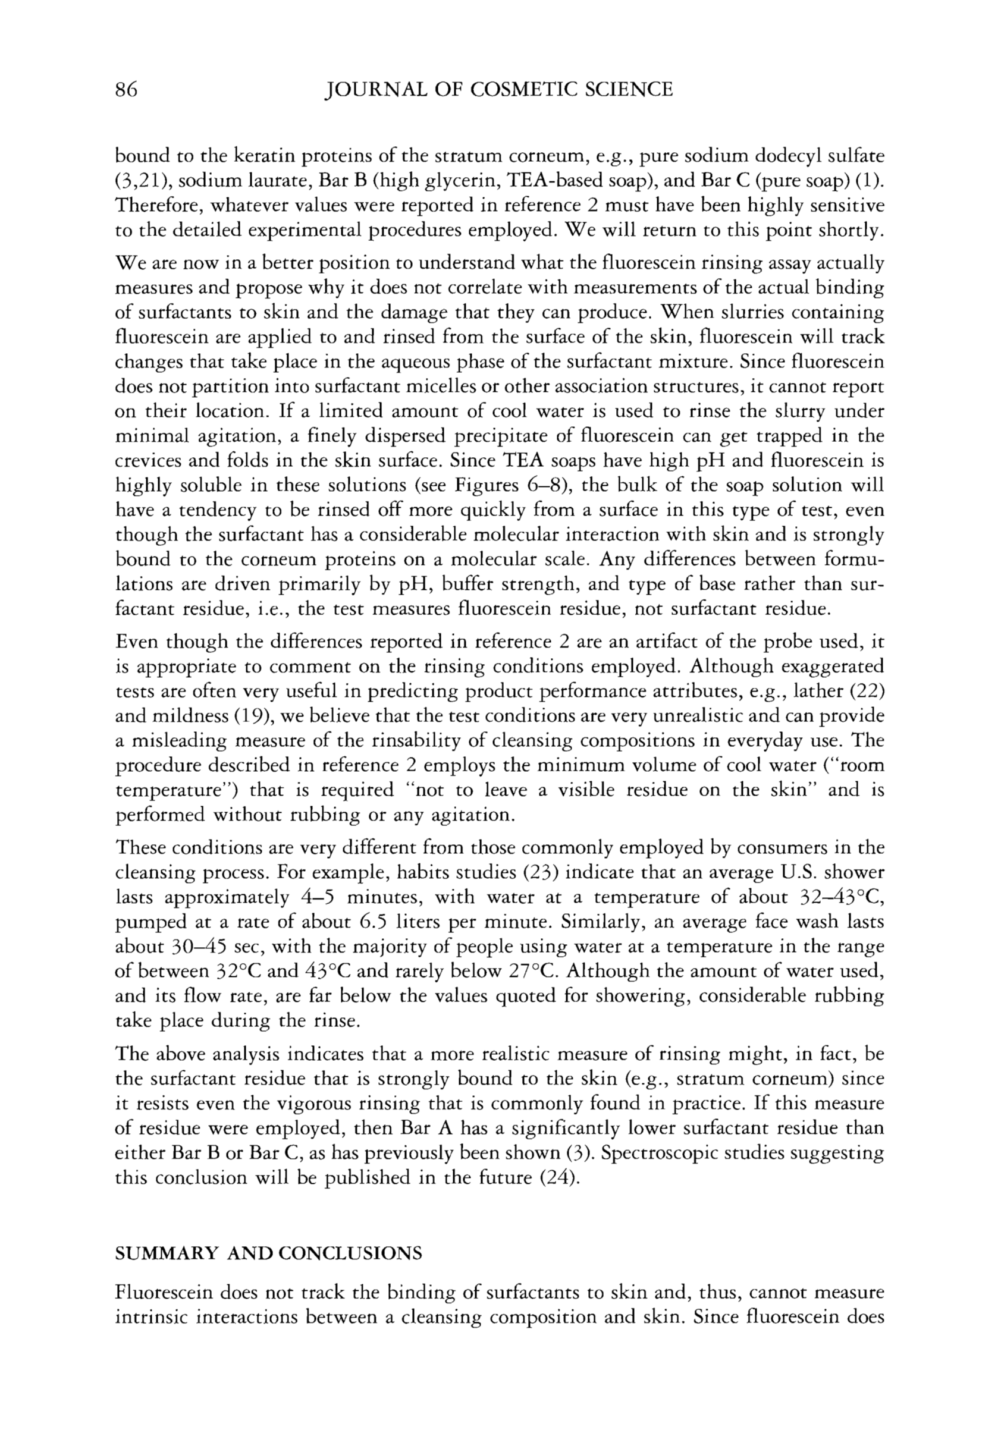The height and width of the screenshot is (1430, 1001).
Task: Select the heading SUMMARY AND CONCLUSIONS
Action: click(269, 1253)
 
